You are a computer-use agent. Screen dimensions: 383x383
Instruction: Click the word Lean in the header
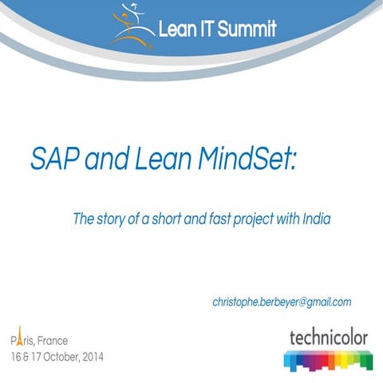coord(177,30)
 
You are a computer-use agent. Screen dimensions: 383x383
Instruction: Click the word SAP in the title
coord(53,158)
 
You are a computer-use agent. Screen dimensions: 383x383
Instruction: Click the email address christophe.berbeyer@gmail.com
coord(282,302)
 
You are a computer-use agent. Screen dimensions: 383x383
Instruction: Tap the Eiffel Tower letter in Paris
coord(18,339)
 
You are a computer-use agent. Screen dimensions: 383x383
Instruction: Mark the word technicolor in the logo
coord(328,337)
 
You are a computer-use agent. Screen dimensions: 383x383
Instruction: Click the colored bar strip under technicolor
coord(328,360)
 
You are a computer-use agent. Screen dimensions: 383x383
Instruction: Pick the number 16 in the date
coord(16,356)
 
